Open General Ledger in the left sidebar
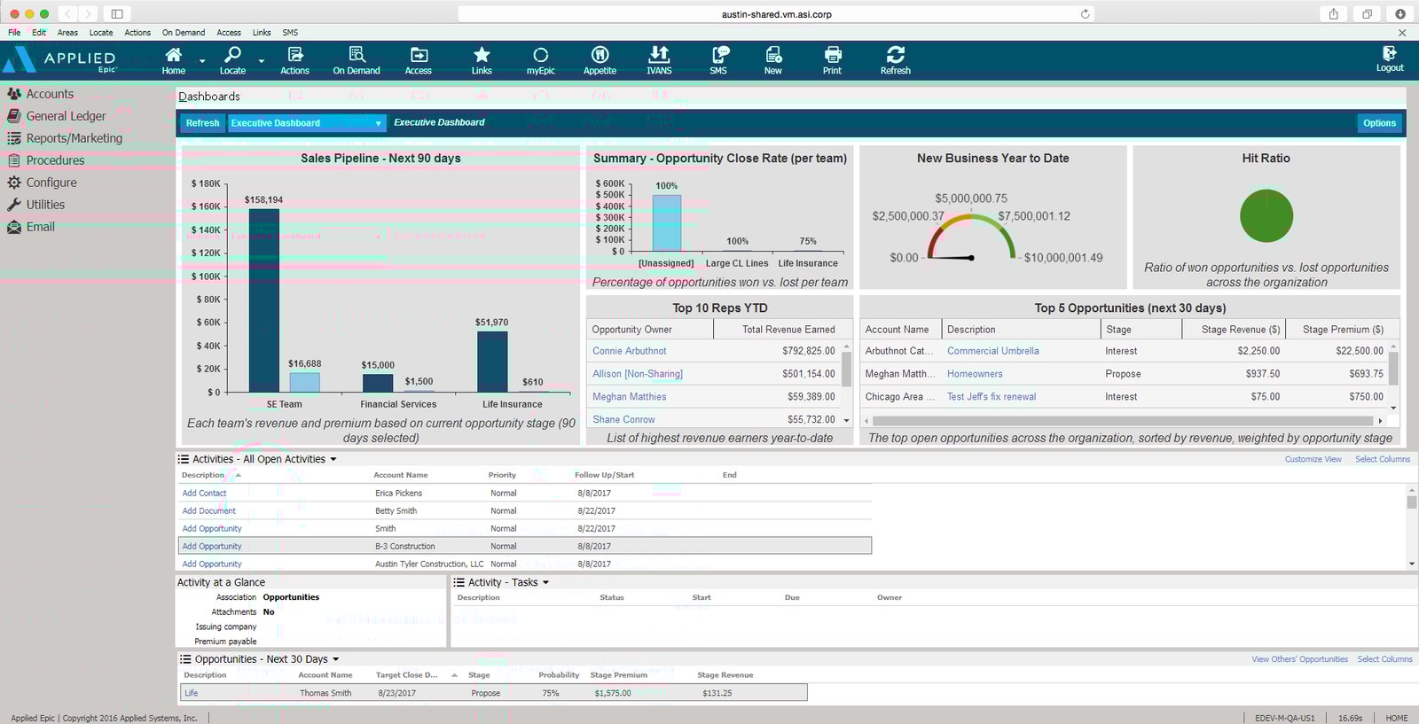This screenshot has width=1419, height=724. (x=66, y=116)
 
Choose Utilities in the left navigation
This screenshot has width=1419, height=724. (x=45, y=205)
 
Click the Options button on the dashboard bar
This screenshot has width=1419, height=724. (x=1379, y=123)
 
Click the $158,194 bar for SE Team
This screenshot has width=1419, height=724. (x=264, y=301)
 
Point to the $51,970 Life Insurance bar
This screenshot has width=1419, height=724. (x=492, y=362)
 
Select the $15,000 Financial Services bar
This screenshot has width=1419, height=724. (x=378, y=383)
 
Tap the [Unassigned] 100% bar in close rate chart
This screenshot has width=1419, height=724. (x=666, y=223)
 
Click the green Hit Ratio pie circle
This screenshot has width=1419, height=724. (x=1266, y=216)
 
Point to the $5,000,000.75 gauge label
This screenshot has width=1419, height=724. (x=970, y=199)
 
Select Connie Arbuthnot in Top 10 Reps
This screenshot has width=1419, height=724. (x=630, y=351)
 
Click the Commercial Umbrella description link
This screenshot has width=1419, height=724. (x=992, y=351)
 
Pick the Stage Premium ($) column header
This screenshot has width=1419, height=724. (x=1343, y=330)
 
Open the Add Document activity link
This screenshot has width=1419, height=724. (x=209, y=511)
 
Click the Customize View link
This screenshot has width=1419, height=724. (x=1313, y=459)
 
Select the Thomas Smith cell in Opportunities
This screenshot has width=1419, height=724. (x=325, y=693)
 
